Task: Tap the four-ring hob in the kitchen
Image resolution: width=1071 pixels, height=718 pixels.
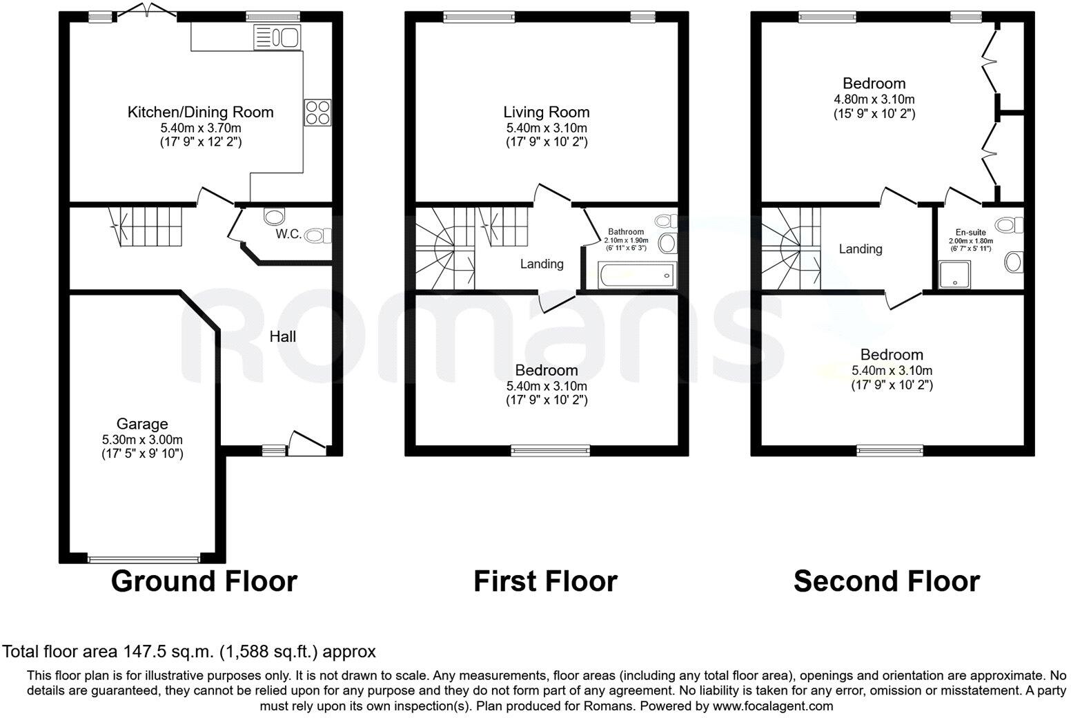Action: coord(317,113)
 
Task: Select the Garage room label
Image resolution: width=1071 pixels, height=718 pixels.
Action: coord(142,424)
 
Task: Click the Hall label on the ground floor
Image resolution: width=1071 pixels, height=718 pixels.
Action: coord(283,336)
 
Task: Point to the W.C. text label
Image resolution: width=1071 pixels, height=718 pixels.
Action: coord(288,234)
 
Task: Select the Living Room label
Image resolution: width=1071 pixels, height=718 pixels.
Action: coord(547,112)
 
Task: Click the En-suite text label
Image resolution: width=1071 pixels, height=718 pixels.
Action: coord(971,232)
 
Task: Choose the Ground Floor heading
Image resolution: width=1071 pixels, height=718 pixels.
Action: coord(204,581)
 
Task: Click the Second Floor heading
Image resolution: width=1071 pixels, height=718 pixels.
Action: coord(886,581)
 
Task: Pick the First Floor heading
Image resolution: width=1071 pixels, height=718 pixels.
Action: coord(545,581)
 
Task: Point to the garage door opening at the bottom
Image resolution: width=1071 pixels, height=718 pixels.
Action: coord(144,559)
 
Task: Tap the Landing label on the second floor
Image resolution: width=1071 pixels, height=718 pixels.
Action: coord(861,249)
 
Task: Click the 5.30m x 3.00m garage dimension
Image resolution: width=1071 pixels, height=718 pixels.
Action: coord(142,439)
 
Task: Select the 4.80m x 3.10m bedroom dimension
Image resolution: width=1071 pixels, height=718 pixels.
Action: coord(874,99)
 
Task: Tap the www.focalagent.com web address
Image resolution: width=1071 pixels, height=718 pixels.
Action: coord(772,706)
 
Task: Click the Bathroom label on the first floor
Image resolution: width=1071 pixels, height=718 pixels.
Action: coord(626,232)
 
